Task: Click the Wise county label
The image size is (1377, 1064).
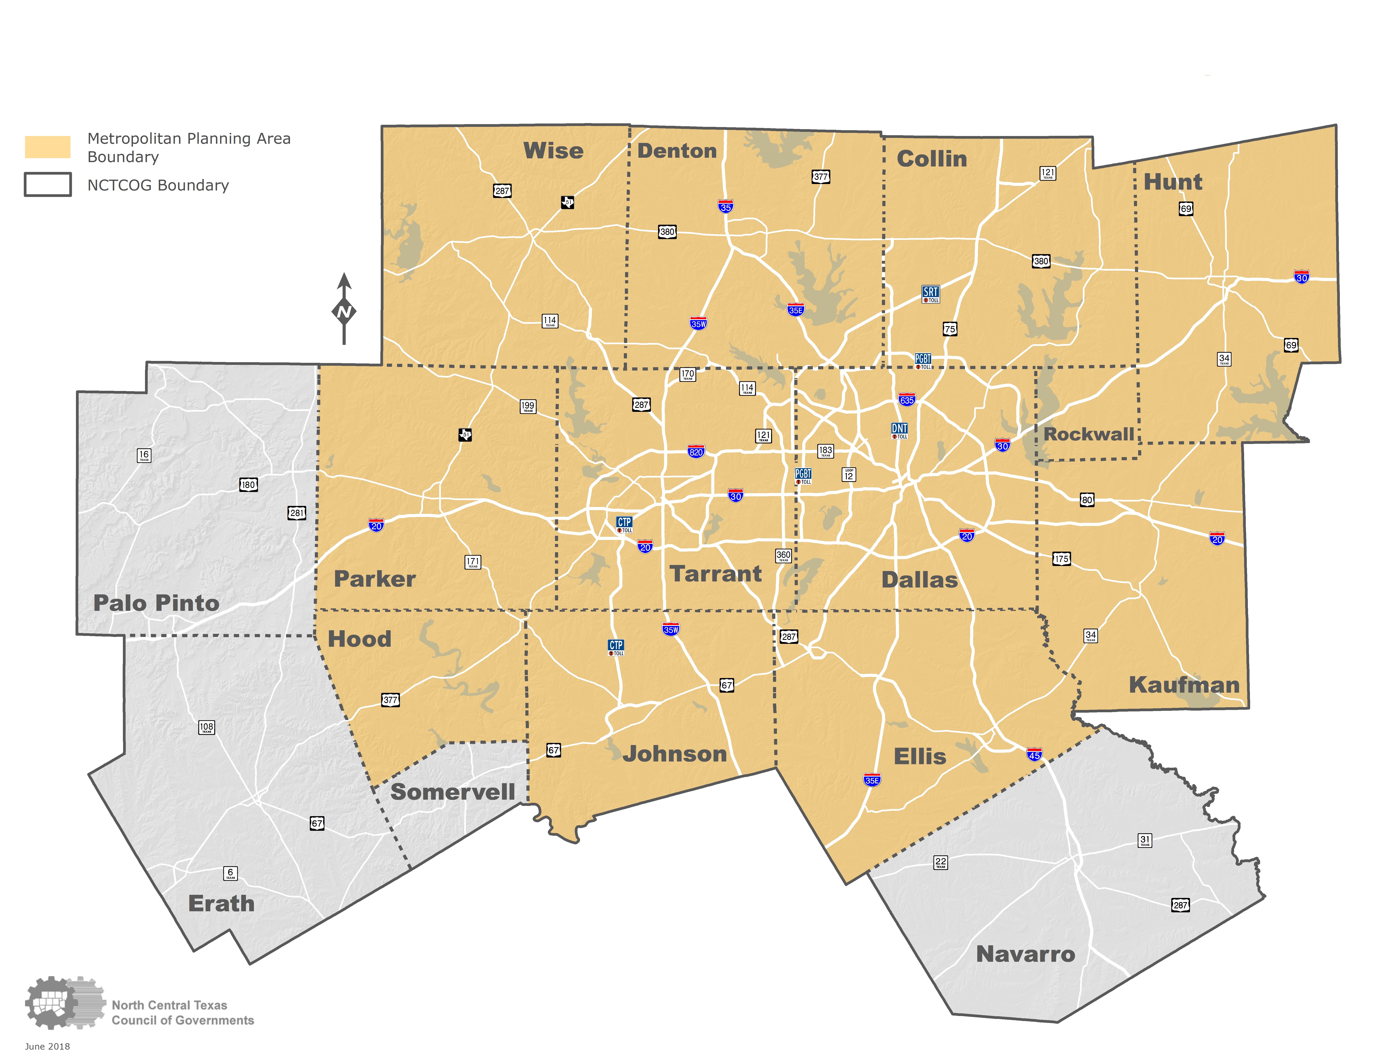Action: (553, 151)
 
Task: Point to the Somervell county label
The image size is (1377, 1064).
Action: (453, 792)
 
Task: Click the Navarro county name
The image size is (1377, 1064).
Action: (1025, 954)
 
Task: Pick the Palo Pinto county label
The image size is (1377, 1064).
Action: (156, 603)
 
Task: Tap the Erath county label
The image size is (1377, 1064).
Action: (221, 903)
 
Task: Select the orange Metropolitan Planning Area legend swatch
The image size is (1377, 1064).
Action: (47, 147)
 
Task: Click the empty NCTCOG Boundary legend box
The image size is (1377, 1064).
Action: (47, 185)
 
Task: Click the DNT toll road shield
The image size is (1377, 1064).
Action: (899, 430)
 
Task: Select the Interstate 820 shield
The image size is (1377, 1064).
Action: (695, 451)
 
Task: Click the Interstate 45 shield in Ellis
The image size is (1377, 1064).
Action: (1034, 755)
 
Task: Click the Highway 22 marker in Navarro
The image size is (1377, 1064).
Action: (940, 862)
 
